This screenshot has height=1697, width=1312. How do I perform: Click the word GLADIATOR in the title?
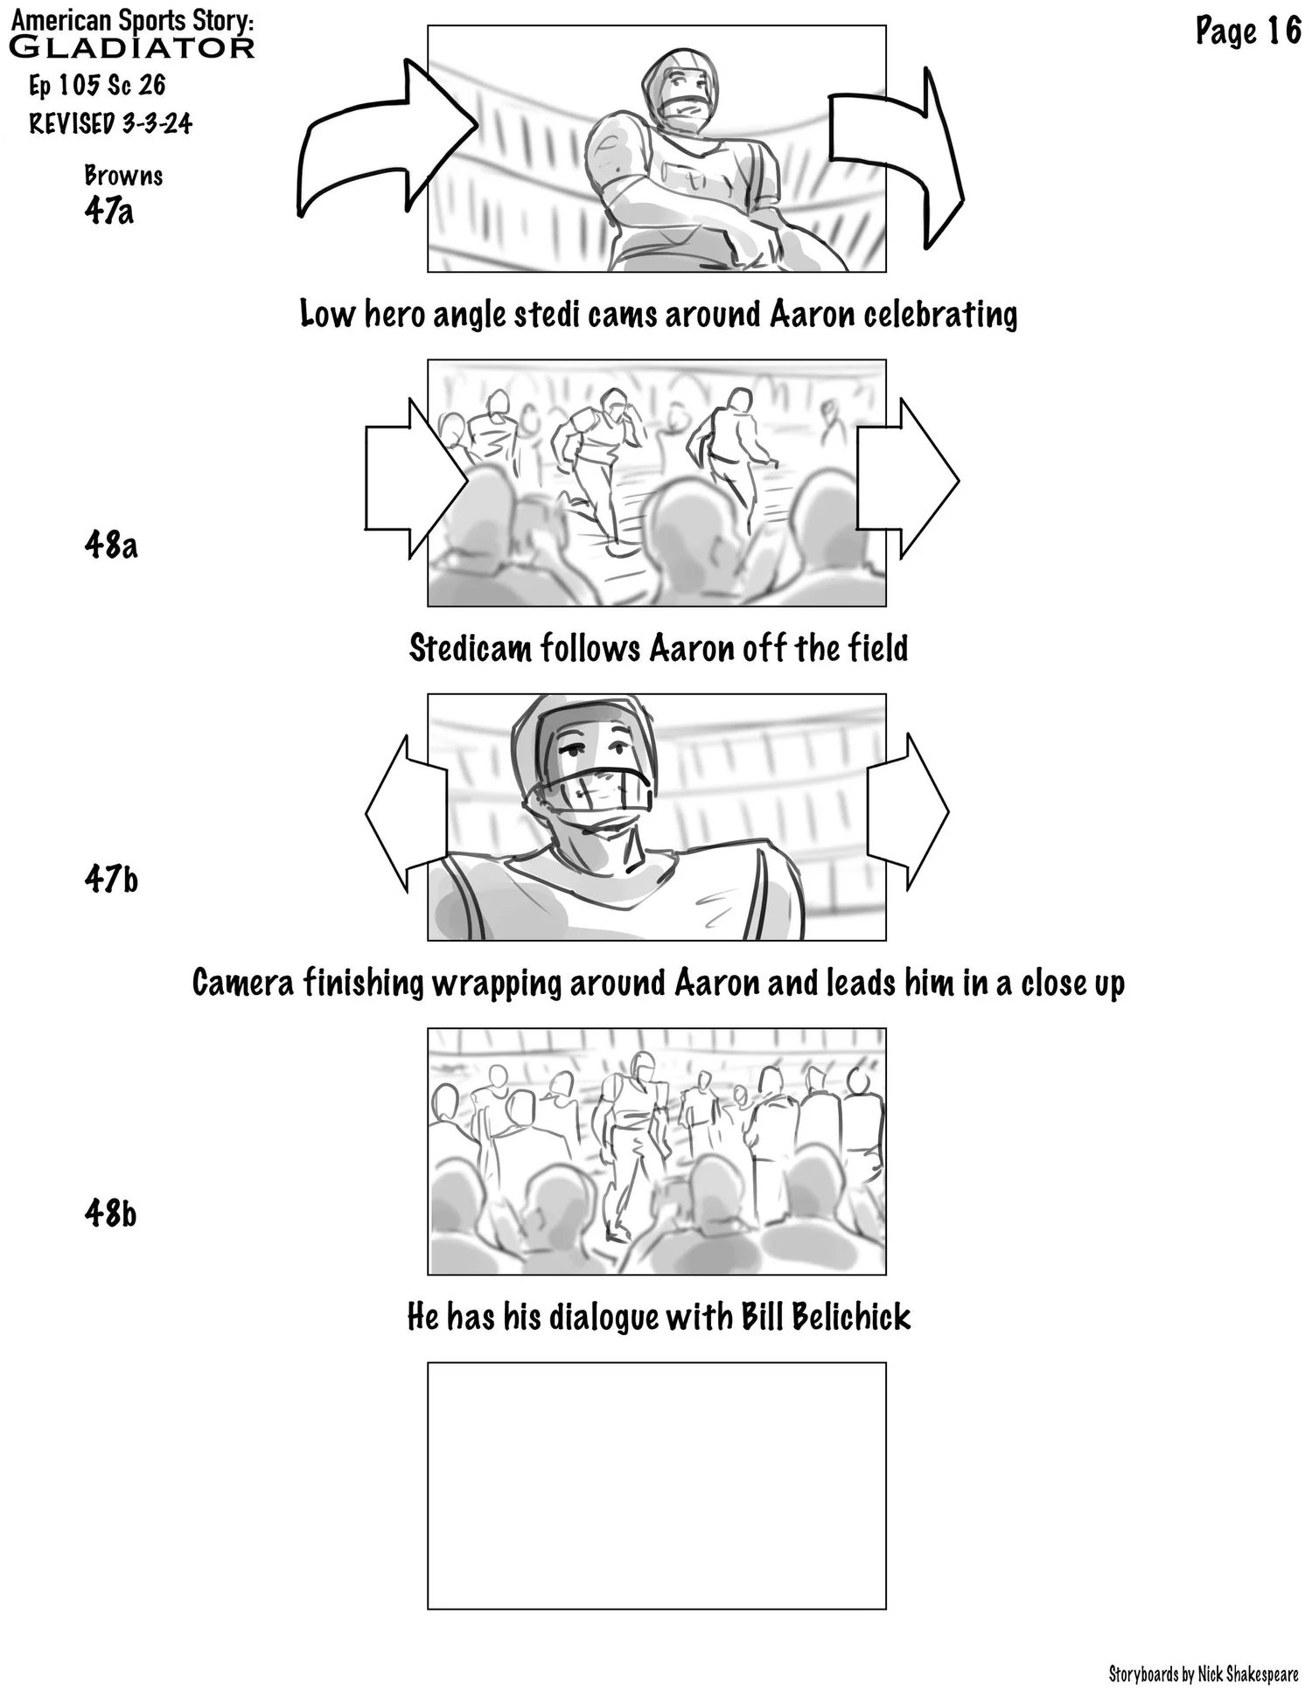point(131,47)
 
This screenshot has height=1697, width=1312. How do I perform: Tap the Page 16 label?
point(1248,32)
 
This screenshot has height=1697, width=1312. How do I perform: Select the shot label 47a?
point(109,211)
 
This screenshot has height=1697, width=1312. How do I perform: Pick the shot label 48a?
point(111,545)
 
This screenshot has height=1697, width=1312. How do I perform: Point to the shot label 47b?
point(111,879)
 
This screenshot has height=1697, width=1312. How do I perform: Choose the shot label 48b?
point(111,1213)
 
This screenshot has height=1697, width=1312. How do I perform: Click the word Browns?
point(123,176)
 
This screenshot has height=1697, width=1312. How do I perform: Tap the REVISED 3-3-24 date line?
point(110,123)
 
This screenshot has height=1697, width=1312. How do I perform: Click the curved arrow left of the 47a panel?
point(376,140)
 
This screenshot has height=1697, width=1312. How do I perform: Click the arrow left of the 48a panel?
point(411,480)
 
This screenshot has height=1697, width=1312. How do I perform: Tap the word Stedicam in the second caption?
point(471,649)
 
